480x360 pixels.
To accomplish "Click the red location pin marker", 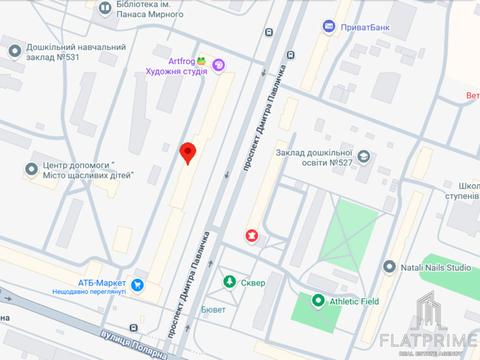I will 187,152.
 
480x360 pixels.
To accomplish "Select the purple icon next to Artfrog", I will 219,65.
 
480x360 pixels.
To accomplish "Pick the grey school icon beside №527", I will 363,155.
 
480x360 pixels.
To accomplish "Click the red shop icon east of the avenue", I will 250,236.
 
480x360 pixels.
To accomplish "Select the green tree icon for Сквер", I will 231,282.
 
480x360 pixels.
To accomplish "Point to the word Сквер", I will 256,282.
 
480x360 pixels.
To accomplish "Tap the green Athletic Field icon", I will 318,300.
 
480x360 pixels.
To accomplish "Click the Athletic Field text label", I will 357,300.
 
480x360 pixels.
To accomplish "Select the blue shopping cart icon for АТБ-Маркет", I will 138,286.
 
